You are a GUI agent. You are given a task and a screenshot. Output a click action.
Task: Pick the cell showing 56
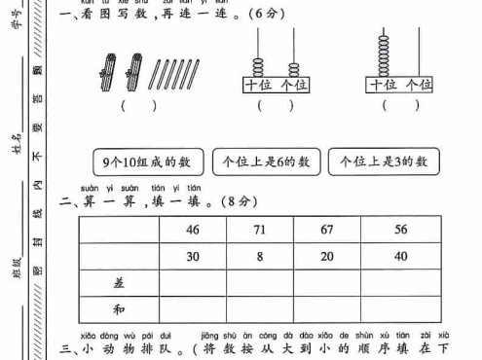tap(401, 231)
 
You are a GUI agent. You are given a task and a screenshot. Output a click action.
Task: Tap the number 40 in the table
tap(401, 257)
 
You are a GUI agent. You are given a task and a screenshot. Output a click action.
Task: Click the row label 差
tap(119, 282)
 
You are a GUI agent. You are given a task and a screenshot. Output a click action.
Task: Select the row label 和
tap(119, 309)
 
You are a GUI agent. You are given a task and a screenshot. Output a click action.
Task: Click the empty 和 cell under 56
tap(401, 309)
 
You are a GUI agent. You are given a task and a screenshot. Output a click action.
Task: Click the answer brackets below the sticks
tap(138, 105)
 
